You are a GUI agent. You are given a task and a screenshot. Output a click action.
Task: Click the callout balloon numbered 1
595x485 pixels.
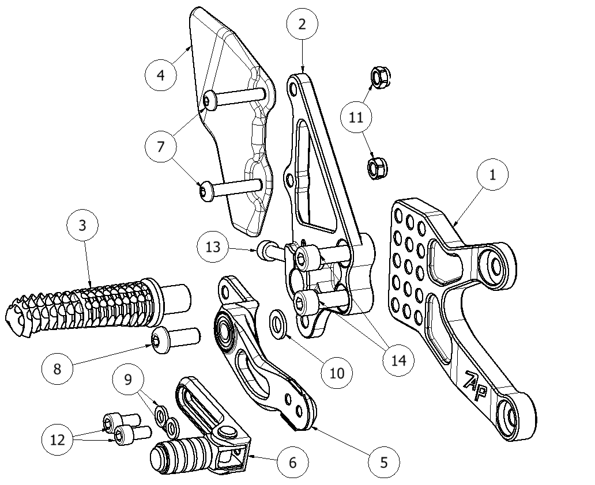coord(492,175)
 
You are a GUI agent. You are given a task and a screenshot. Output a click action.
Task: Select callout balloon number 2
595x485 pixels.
coord(302,24)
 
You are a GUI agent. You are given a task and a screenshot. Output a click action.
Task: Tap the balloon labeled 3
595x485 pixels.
coord(82,225)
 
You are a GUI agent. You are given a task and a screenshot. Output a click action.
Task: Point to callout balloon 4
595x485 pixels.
coord(160,75)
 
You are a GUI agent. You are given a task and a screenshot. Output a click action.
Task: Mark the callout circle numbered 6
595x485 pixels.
coord(292,463)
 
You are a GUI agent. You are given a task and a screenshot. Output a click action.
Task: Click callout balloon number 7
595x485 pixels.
coord(160,146)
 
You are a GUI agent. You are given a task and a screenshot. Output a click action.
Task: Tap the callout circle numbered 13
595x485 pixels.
coord(213,247)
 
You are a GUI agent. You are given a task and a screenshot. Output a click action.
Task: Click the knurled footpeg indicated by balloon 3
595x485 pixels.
coord(92,302)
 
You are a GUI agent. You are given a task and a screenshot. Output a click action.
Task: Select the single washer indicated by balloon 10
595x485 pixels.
coord(278,324)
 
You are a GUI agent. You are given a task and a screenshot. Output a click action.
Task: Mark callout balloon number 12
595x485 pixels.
coord(58,440)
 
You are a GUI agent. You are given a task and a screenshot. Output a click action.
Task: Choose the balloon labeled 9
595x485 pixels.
coord(128,379)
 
